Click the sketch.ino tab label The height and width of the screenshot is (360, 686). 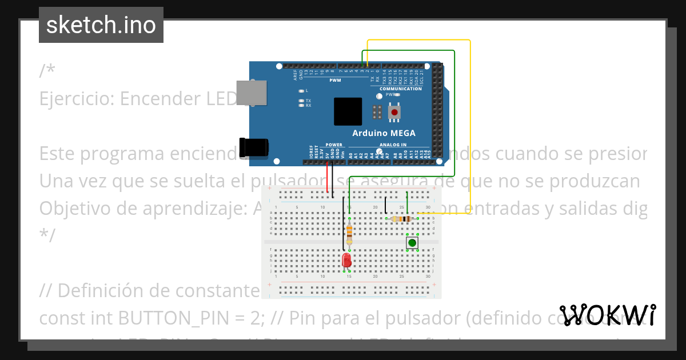[101, 25]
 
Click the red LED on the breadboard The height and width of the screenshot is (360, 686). [346, 261]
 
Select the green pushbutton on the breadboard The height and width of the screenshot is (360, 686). [412, 243]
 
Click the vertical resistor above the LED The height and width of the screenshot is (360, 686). [349, 233]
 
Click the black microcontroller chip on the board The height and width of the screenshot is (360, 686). [348, 111]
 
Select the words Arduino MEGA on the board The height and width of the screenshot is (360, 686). [384, 133]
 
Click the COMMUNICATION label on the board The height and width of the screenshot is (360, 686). [400, 89]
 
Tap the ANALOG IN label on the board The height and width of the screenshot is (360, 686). [393, 145]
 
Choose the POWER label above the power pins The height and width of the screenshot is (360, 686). [334, 145]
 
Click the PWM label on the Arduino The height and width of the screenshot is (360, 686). [335, 80]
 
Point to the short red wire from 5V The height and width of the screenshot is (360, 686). [328, 178]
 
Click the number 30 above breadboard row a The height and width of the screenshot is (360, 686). [428, 207]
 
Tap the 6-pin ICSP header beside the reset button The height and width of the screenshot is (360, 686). [377, 112]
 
